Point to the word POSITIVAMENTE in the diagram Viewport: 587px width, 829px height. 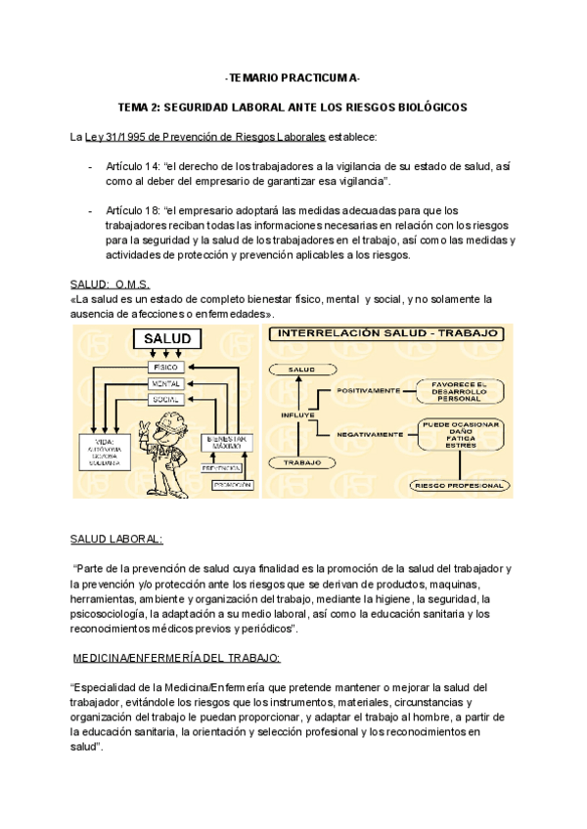tap(371, 390)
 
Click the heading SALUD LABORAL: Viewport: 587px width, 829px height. tap(117, 539)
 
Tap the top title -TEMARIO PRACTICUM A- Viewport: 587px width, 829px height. tap(293, 77)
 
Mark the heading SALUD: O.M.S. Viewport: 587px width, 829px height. tap(111, 284)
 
